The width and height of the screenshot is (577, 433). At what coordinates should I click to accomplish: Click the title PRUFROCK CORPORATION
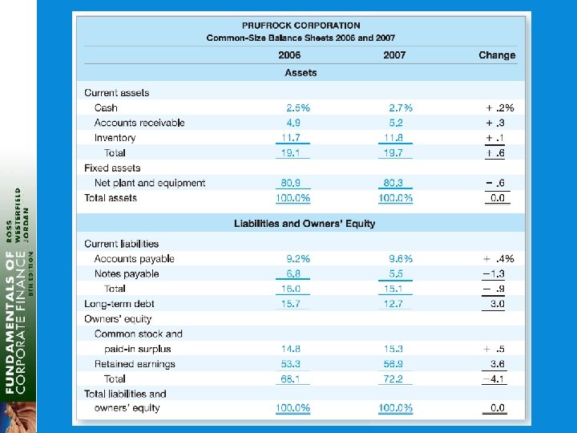301,26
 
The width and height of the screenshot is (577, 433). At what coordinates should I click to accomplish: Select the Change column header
497,55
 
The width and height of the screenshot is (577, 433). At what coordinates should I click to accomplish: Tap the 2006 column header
289,55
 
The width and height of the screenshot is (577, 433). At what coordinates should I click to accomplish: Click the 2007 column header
394,55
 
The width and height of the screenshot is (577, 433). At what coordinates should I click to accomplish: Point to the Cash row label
106,107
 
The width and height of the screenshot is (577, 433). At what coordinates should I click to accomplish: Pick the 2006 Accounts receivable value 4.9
293,123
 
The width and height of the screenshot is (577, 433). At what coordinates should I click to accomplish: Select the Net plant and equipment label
150,183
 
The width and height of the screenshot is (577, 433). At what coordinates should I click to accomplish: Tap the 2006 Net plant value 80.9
291,183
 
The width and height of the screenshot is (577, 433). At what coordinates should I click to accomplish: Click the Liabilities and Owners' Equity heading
305,224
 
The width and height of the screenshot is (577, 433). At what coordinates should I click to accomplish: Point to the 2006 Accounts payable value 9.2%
298,258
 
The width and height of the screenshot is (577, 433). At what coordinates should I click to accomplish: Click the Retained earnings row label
135,364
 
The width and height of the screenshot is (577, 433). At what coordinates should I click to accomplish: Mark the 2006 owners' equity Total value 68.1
291,378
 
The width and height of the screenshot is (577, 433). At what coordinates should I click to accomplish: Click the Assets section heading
301,73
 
